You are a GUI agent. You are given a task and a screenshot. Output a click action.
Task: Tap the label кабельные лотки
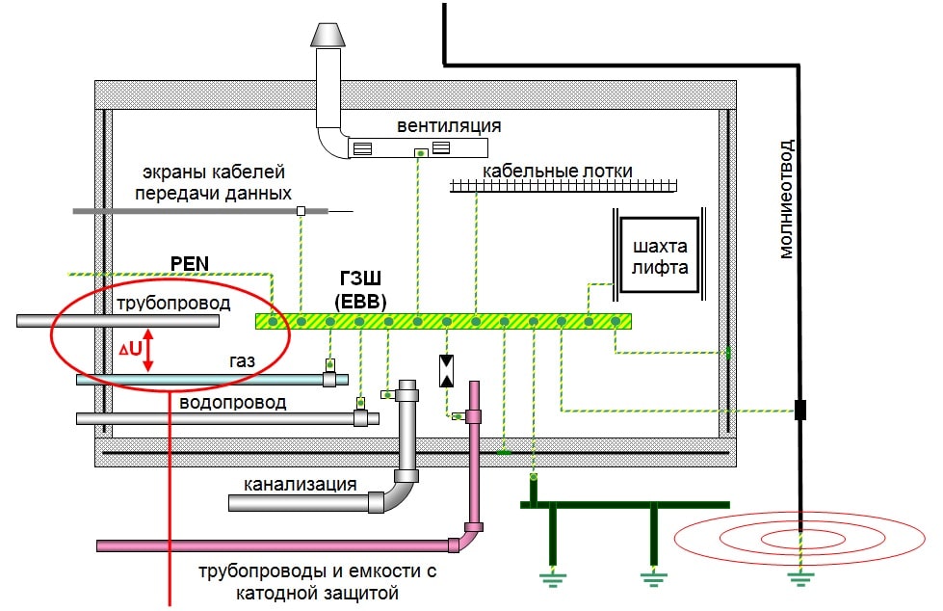click(558, 171)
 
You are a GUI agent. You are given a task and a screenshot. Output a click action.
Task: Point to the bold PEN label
click(187, 262)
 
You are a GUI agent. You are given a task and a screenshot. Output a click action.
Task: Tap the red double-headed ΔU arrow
click(148, 353)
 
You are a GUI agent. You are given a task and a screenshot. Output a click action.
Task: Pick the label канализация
click(300, 483)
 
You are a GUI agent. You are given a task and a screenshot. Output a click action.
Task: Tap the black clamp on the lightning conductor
click(799, 410)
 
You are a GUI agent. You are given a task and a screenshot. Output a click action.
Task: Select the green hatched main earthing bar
click(443, 321)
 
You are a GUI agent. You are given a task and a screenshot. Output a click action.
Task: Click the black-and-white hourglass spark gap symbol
click(447, 371)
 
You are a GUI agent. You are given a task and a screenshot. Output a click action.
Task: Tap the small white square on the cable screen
click(301, 210)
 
